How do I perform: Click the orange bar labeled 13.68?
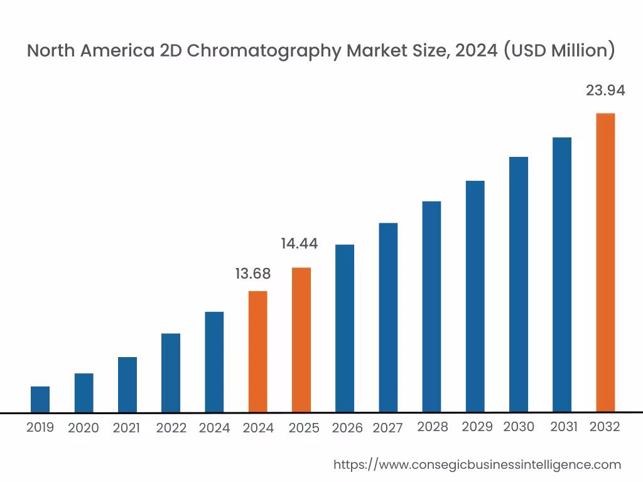(257, 351)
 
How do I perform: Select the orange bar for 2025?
(301, 340)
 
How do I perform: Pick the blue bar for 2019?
(40, 399)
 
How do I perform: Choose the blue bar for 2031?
(562, 274)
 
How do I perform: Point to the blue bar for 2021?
(127, 385)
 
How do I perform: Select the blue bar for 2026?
(345, 328)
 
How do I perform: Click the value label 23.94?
(605, 91)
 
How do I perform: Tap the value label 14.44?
(299, 244)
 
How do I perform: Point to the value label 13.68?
(253, 274)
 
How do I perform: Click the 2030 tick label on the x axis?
(519, 427)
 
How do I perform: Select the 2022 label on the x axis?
(171, 428)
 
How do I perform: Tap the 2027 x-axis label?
(387, 428)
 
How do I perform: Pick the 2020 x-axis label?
(84, 428)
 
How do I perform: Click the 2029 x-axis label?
(477, 427)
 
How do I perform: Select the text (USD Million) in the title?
(559, 51)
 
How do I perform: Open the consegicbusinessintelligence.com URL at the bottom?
(477, 464)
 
